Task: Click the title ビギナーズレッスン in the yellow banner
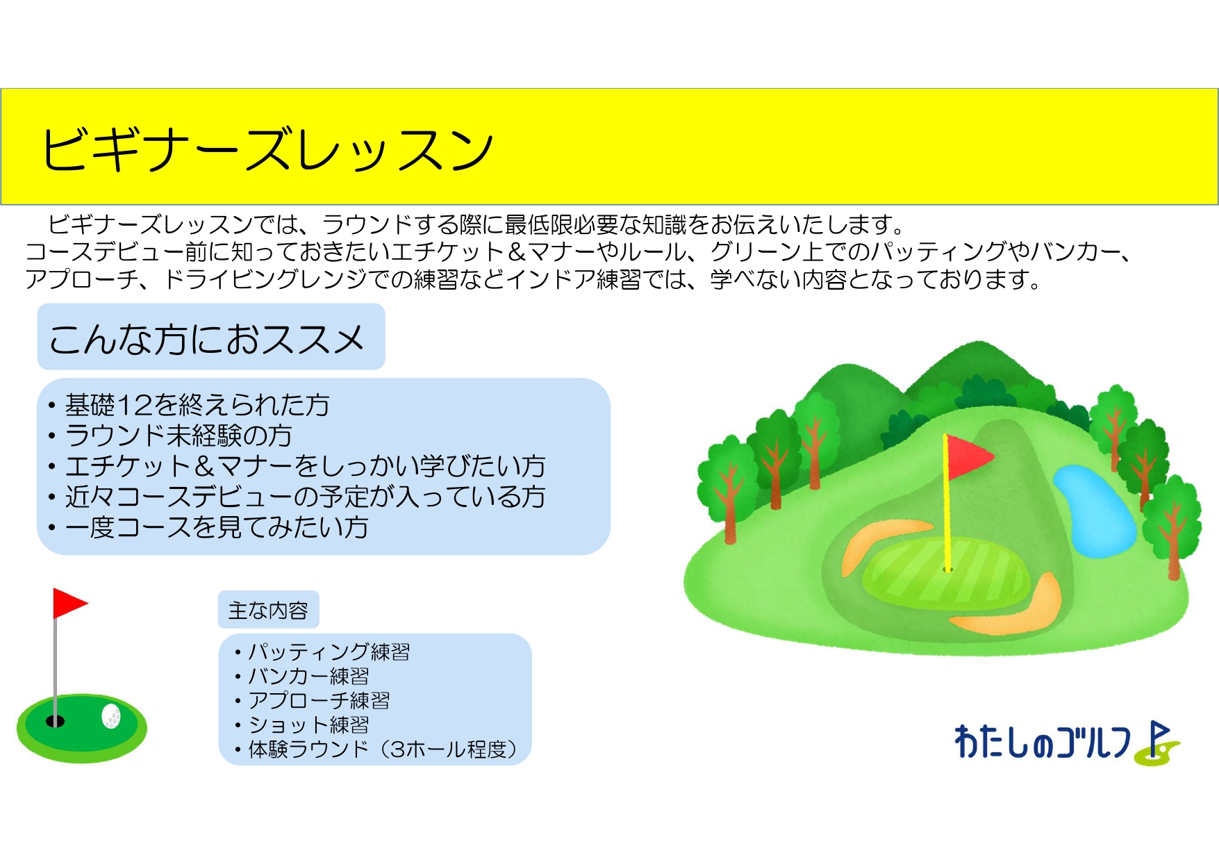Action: pos(267,149)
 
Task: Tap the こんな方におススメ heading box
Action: pos(211,337)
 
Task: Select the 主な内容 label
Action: pos(268,610)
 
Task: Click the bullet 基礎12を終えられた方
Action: pos(197,405)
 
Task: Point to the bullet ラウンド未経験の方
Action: pos(179,436)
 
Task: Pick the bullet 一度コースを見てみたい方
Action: pos(216,527)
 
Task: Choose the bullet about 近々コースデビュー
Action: pos(305,497)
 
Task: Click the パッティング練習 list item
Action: pos(329,652)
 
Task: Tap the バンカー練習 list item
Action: pos(308,676)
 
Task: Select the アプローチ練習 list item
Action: pos(319,700)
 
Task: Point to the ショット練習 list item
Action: pos(308,724)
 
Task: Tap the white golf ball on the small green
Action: pos(111,716)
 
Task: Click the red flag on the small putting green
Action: pos(69,603)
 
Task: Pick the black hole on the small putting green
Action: pos(55,721)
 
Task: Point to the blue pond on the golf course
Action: pos(1093,509)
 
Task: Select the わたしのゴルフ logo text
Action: pos(1042,741)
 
